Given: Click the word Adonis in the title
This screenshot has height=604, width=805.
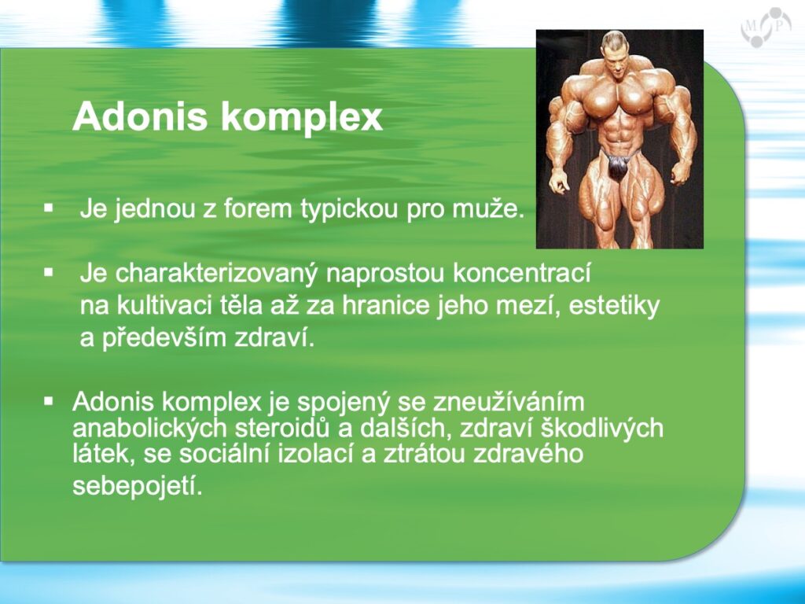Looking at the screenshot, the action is (x=140, y=116).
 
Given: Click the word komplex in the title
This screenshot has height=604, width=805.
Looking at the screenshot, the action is (x=302, y=118).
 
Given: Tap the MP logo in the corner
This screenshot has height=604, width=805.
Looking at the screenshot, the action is (x=765, y=26).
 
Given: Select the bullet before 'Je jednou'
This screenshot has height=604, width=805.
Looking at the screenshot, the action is (x=49, y=208).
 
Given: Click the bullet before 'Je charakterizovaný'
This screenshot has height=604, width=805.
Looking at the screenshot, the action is (x=49, y=273).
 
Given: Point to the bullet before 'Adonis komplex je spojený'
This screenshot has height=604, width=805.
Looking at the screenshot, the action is (x=49, y=400).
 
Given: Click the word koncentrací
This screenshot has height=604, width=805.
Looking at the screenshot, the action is (x=522, y=273).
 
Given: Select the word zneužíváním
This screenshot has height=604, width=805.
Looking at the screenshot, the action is (x=509, y=402).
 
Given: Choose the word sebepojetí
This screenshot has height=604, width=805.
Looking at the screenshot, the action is (x=138, y=486).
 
